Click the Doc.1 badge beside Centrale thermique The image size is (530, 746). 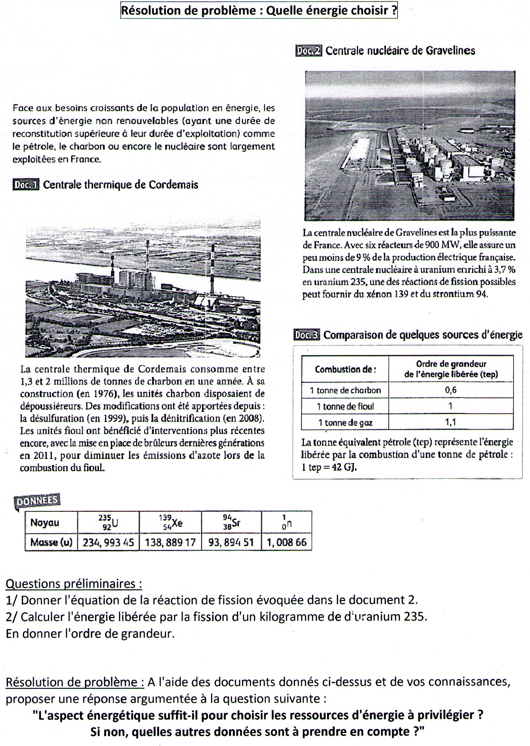pyautogui.click(x=26, y=185)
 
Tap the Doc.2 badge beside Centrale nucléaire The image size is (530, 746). pyautogui.click(x=308, y=51)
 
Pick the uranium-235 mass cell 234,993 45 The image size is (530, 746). pyautogui.click(x=108, y=542)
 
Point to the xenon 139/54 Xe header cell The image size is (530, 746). pyautogui.click(x=170, y=523)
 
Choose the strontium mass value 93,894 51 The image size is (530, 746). pyautogui.click(x=231, y=542)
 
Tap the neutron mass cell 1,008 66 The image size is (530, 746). pyautogui.click(x=286, y=542)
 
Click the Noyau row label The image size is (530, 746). pyautogui.click(x=45, y=523)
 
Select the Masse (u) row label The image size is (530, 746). pyautogui.click(x=51, y=542)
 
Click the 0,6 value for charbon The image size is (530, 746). pyautogui.click(x=451, y=390)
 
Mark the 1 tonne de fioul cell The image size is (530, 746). pyautogui.click(x=345, y=406)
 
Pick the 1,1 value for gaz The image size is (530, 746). pyautogui.click(x=451, y=422)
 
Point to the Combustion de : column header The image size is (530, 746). pyautogui.click(x=345, y=369)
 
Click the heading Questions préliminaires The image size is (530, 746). pyautogui.click(x=74, y=584)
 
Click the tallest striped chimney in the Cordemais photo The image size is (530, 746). pyautogui.click(x=212, y=270)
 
